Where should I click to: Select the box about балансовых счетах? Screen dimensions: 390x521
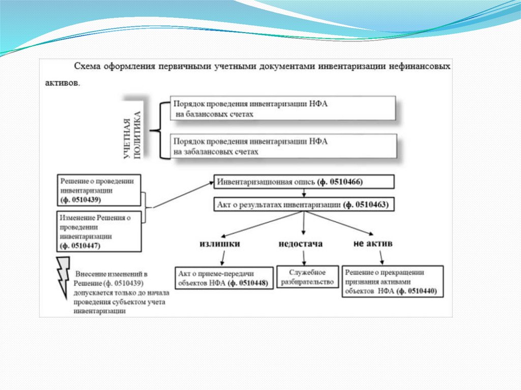tap(283, 109)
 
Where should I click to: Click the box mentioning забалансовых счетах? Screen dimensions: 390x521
tap(283, 146)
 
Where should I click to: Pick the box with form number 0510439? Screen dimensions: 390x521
tap(99, 190)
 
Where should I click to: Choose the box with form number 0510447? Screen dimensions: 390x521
tap(99, 231)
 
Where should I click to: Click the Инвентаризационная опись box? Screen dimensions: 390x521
tap(303, 182)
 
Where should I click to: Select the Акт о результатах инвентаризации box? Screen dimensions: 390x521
tap(303, 205)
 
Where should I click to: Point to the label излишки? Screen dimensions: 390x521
tap(219, 244)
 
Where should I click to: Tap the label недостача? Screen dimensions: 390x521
tap(301, 244)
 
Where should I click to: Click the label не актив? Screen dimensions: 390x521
tap(373, 244)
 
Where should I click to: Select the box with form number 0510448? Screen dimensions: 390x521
tap(223, 278)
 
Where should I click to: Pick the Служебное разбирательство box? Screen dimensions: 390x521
tap(308, 277)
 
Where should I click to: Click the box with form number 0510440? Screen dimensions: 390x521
tap(392, 281)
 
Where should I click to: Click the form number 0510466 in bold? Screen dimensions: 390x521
tap(340, 182)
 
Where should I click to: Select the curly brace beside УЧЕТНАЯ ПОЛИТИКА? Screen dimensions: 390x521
tap(162, 130)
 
